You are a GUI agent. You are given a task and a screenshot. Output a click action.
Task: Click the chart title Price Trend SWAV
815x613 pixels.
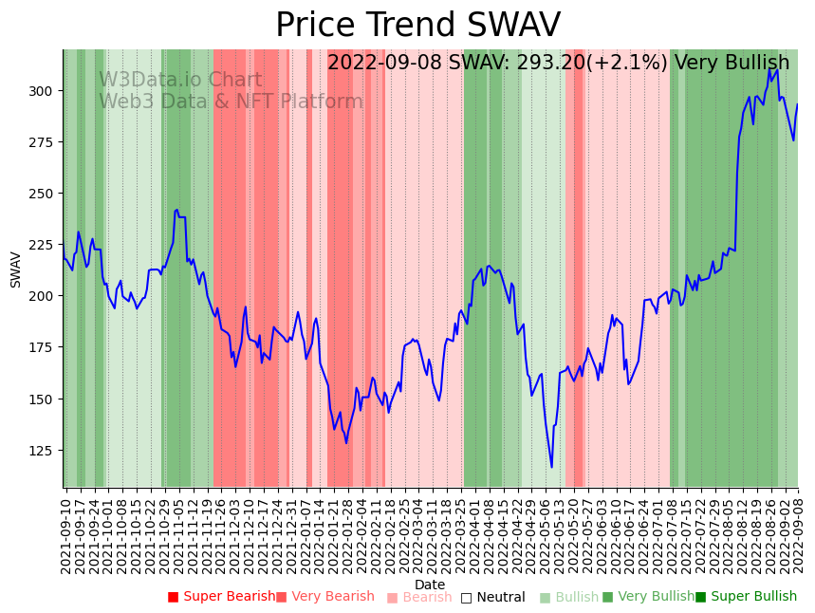[x=417, y=26]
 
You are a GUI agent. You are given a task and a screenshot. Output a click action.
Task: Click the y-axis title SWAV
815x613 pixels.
[x=16, y=269]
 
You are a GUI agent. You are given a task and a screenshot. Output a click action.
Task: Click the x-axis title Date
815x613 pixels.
[x=430, y=585]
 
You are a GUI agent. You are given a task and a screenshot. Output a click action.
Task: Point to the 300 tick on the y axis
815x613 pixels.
[x=44, y=91]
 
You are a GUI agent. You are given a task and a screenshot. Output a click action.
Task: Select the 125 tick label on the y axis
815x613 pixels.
[x=44, y=451]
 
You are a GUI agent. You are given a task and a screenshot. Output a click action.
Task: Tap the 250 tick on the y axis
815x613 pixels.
[x=44, y=194]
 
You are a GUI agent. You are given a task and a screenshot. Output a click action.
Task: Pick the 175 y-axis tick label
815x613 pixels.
[x=44, y=348]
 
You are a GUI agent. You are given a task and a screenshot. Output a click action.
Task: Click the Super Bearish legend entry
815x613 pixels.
[x=221, y=597]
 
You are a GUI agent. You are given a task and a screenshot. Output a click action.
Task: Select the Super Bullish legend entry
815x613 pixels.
[x=746, y=597]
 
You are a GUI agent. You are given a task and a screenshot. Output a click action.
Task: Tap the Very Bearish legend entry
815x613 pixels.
[x=325, y=597]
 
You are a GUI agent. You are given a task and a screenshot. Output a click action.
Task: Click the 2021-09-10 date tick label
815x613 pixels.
[x=65, y=531]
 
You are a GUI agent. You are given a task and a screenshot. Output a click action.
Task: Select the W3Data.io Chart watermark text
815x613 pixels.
[x=180, y=81]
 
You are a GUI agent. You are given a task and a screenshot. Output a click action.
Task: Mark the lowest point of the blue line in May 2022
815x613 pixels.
[x=551, y=467]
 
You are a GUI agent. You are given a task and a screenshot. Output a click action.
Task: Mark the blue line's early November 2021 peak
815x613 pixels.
[x=176, y=210]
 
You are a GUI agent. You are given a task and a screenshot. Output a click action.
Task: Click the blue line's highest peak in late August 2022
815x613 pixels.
[x=769, y=68]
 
